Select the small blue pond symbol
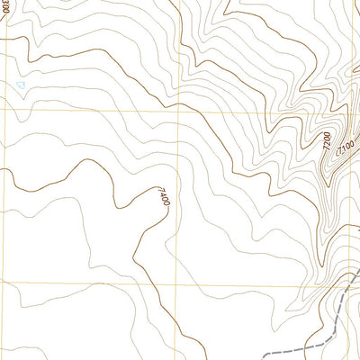tap(21, 85)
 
